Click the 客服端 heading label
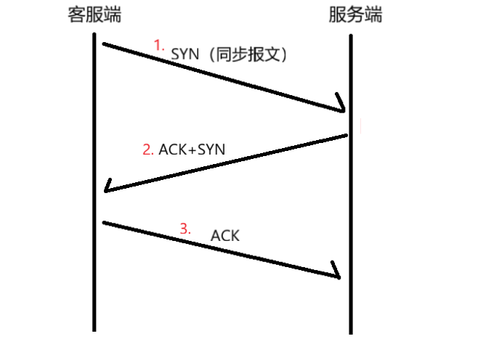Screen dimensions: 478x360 click(94, 15)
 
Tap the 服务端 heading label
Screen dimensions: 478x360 click(355, 15)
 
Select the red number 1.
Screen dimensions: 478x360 click(160, 45)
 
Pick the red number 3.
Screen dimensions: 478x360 click(185, 229)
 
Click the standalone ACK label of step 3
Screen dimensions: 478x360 click(224, 236)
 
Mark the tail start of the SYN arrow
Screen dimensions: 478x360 click(104, 44)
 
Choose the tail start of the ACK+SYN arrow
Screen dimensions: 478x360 click(347, 135)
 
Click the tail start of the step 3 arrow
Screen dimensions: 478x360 click(104, 223)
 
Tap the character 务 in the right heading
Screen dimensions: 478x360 click(355, 15)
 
